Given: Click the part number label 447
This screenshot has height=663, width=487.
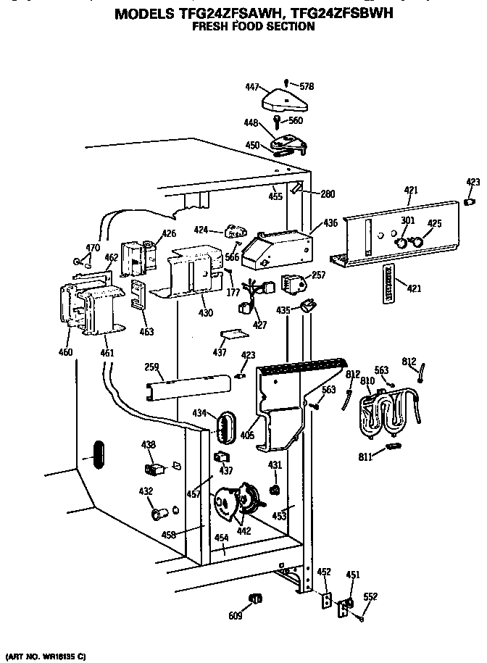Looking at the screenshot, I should (x=251, y=87).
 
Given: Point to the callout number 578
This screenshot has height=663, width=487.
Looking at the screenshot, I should (x=307, y=87).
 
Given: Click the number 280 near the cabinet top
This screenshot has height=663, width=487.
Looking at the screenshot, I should (x=328, y=194).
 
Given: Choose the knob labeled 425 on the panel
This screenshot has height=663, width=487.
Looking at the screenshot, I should (x=415, y=242).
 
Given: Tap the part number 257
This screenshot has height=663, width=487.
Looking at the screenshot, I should (x=319, y=276).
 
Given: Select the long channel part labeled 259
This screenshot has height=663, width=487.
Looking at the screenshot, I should (x=188, y=388).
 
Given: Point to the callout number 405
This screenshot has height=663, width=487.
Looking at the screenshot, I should (x=247, y=436).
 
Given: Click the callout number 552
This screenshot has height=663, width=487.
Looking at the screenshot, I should (x=370, y=597).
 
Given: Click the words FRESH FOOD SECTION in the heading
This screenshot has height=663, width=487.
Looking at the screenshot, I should (x=254, y=27).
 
